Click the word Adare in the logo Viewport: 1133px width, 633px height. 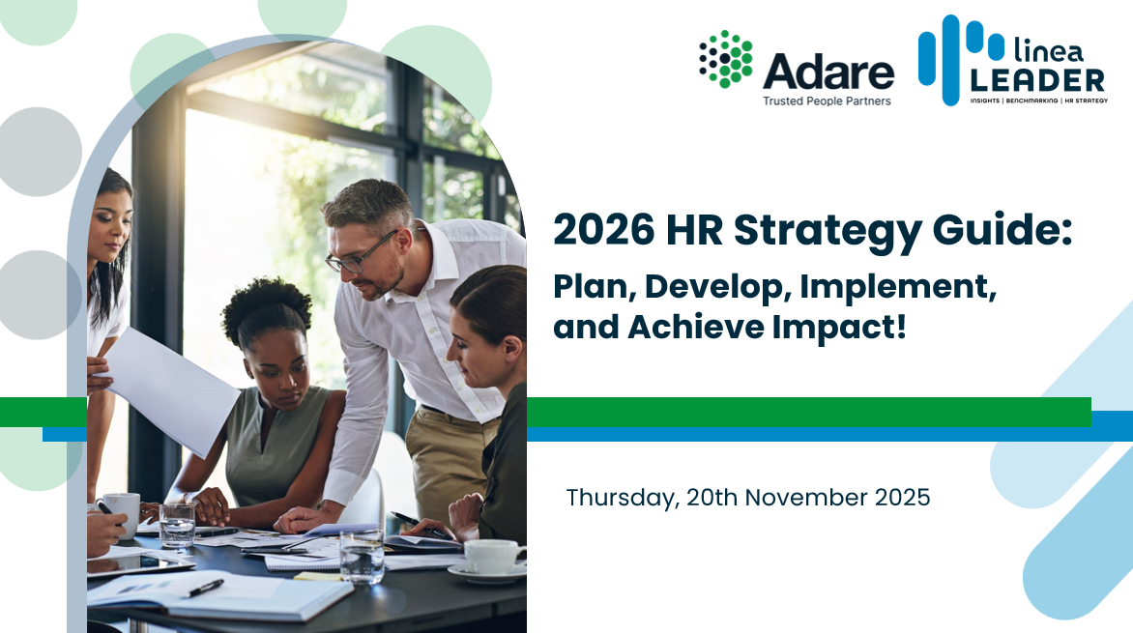point(828,72)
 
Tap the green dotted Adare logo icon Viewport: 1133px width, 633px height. point(725,59)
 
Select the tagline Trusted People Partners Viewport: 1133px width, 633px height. point(827,101)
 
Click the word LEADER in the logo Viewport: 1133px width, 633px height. point(1037,80)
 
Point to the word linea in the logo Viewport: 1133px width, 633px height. point(1049,49)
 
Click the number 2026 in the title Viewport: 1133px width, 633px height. point(604,230)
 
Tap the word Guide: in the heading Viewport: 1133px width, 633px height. point(1002,230)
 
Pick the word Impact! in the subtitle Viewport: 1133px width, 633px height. point(839,328)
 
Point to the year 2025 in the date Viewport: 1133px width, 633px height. point(903,497)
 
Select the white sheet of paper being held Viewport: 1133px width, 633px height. point(172,391)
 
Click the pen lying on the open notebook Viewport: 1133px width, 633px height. point(206,588)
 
